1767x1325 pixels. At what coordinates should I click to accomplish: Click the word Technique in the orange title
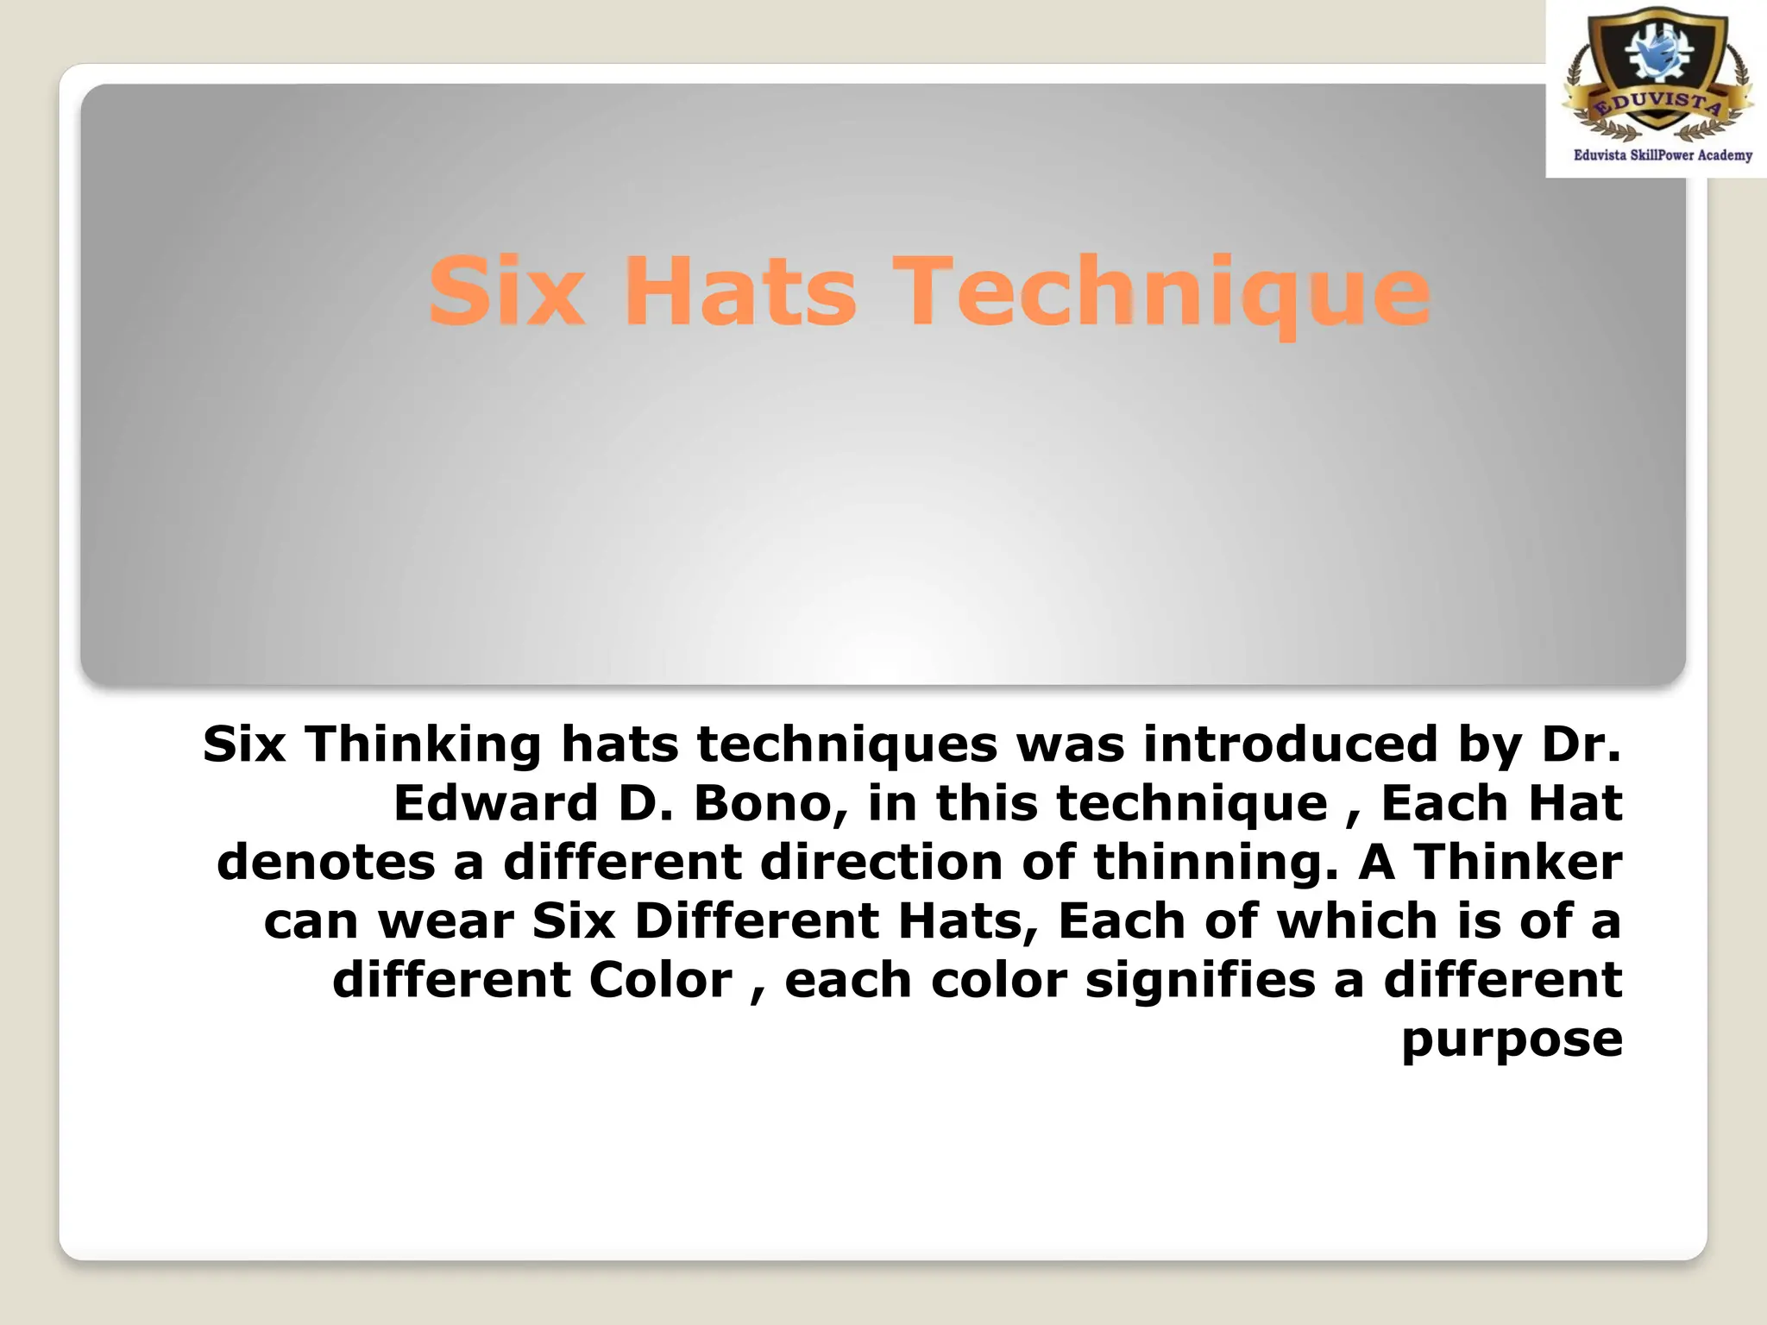pos(1160,293)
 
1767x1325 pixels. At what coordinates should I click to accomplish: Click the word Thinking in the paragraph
pos(423,744)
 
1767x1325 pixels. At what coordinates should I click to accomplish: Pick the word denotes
pos(326,862)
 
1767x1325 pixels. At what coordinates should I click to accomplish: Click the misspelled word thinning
pos(1216,863)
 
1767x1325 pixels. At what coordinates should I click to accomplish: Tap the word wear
pos(445,921)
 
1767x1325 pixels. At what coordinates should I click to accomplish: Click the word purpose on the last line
pos(1512,1040)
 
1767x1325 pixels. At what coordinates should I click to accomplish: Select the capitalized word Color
pos(660,980)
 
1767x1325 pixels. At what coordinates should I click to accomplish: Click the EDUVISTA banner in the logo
pos(1657,105)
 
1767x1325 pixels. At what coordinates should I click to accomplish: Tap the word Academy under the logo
pos(1725,155)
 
